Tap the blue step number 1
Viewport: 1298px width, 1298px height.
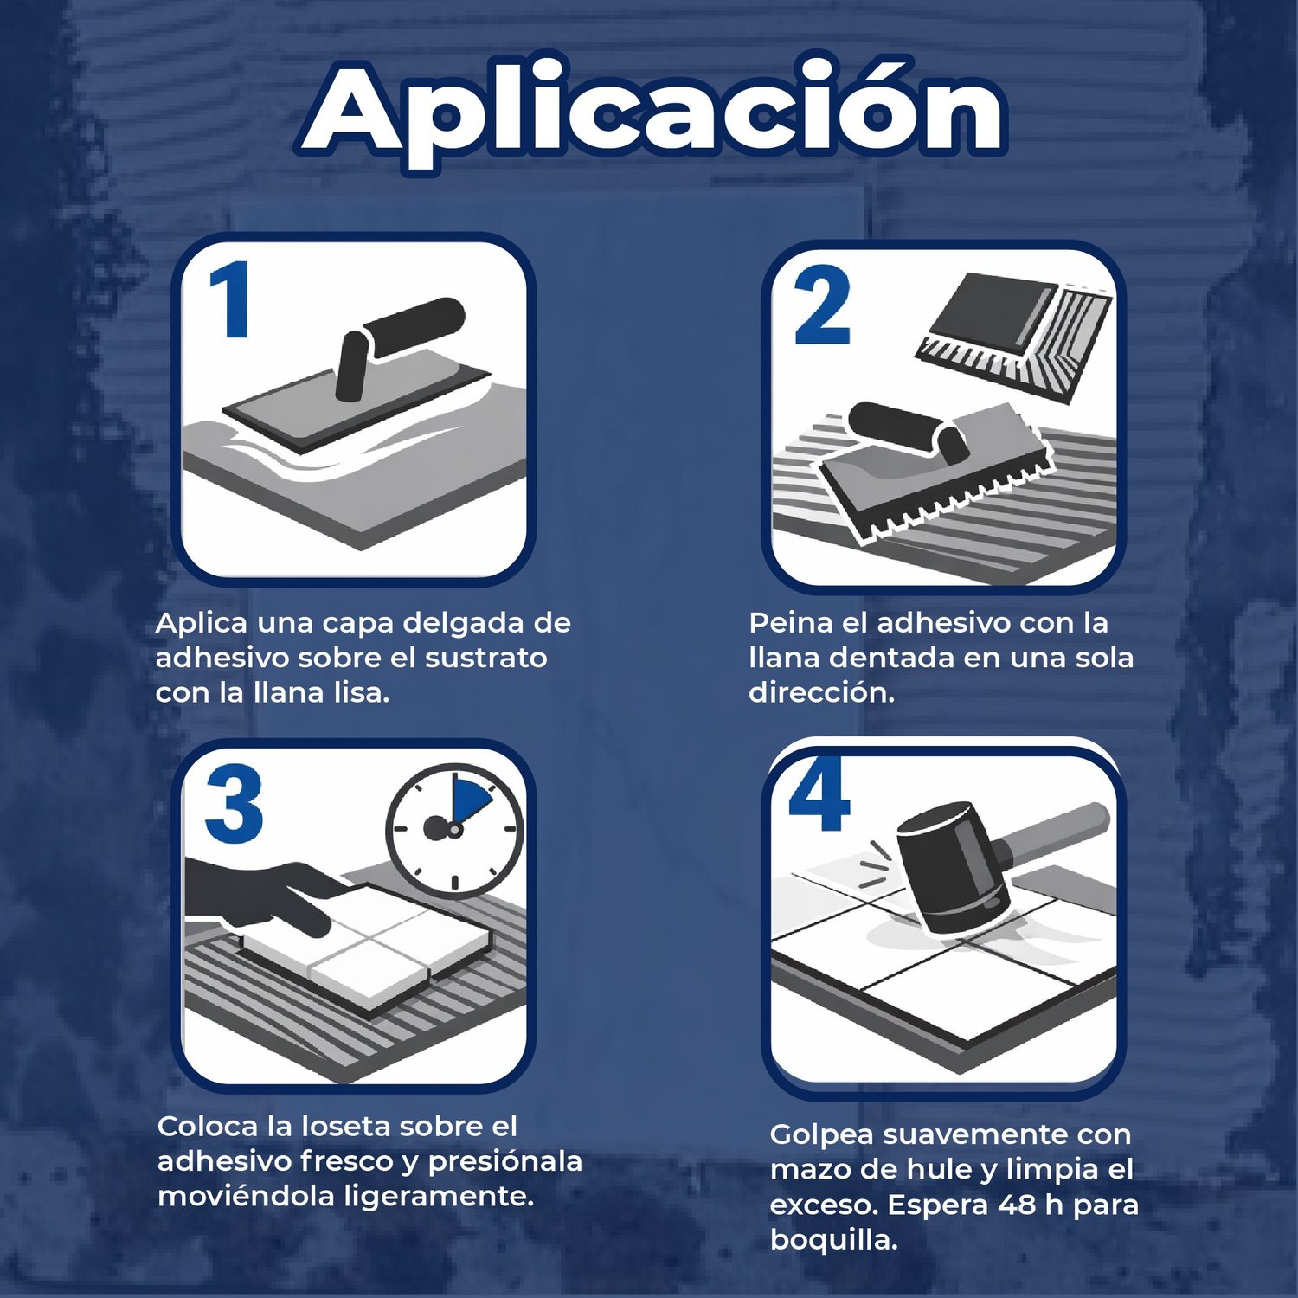230,300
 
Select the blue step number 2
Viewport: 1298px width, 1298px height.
821,306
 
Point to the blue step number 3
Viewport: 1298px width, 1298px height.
234,805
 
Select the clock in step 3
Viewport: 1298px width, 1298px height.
454,829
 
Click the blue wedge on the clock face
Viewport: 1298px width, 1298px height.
468,801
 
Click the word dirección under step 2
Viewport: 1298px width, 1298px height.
821,692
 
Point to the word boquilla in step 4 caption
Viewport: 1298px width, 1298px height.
833,1240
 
